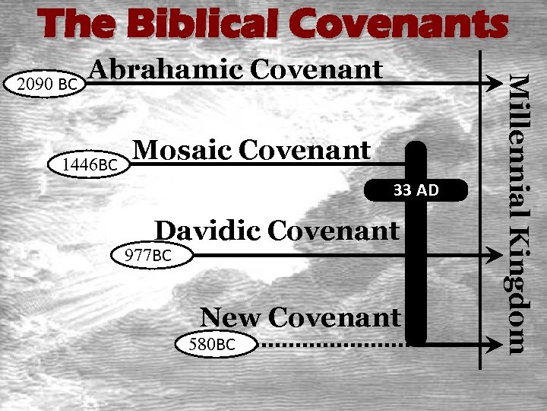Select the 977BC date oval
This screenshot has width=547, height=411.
click(x=147, y=255)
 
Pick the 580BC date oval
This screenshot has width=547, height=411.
click(x=213, y=345)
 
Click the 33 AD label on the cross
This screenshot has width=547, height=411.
click(x=416, y=190)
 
